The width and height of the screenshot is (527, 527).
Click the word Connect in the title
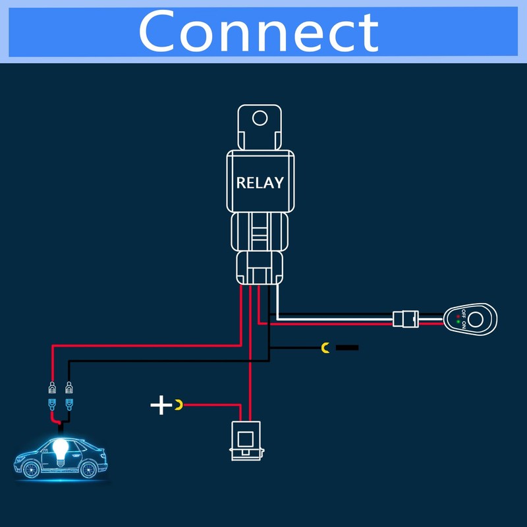point(258,32)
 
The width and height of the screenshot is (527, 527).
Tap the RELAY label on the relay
point(260,182)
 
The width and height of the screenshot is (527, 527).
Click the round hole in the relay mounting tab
point(260,119)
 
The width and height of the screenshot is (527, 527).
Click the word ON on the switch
point(463,325)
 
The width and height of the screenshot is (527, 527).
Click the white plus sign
point(161,404)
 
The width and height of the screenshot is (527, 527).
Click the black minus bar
point(347,347)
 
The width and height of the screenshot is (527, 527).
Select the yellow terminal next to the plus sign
point(179,404)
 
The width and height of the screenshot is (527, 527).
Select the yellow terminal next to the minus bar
point(325,347)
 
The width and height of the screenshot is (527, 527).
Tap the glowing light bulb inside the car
point(60,450)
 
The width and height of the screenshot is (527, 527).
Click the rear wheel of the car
point(90,468)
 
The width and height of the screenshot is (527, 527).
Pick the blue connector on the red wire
point(52,403)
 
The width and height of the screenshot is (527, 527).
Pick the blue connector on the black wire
point(69,403)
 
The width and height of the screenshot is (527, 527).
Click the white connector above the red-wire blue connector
point(52,389)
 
